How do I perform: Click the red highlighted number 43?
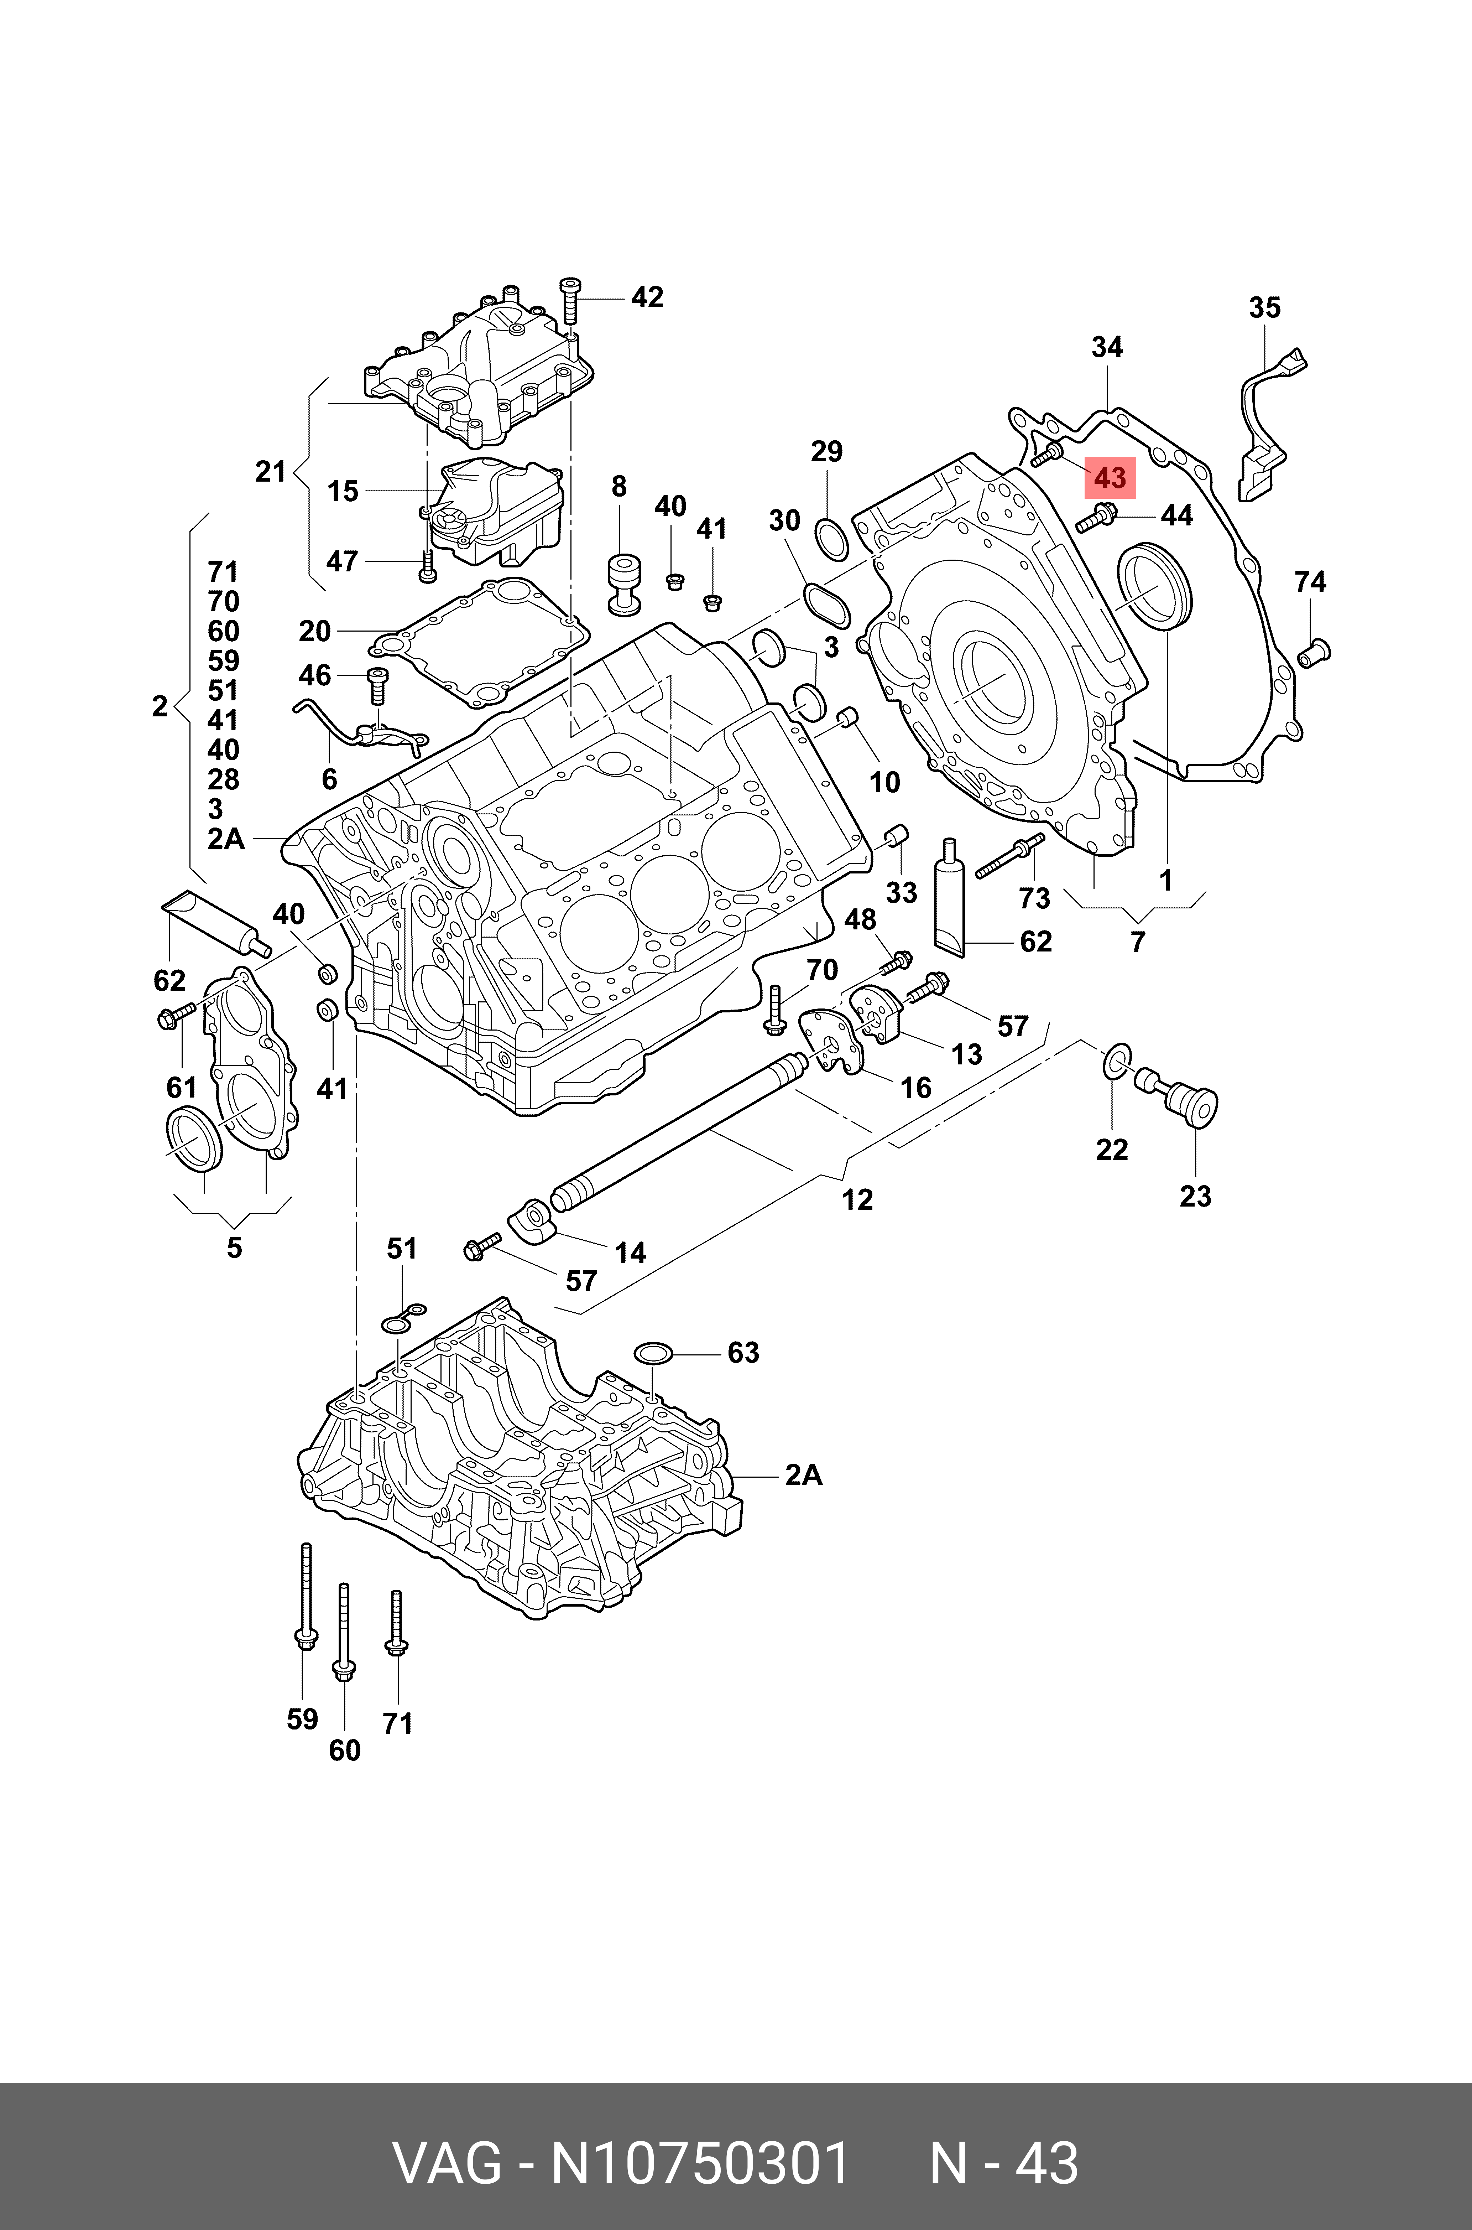[1110, 478]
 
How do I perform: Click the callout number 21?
[270, 471]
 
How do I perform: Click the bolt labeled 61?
[174, 1015]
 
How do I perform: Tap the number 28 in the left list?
[223, 779]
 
